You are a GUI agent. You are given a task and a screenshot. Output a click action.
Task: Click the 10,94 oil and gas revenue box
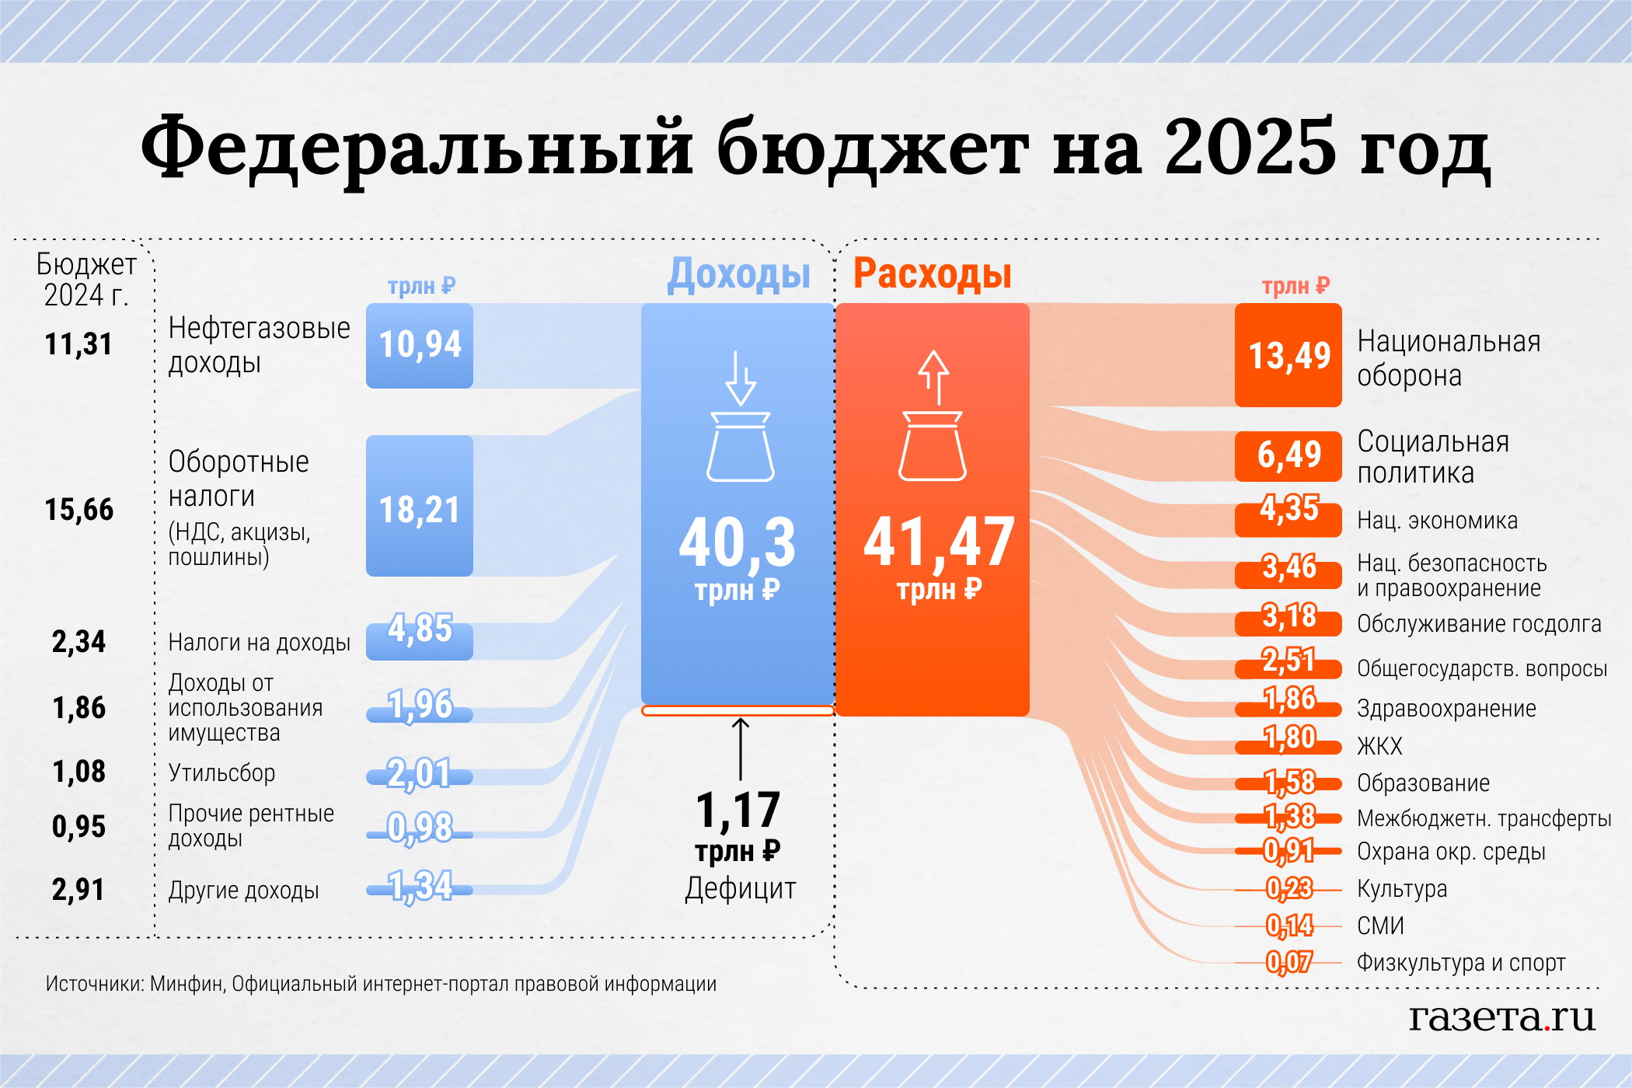[420, 345]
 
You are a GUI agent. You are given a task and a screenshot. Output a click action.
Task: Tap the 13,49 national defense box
[1289, 355]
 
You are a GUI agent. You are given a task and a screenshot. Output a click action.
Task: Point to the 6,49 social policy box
[1289, 455]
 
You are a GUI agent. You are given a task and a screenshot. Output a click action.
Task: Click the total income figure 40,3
[737, 542]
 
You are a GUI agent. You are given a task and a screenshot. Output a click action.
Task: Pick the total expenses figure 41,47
[939, 542]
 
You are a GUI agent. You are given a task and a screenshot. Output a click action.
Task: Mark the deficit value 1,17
[738, 811]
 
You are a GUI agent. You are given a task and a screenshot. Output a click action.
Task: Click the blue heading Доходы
[738, 274]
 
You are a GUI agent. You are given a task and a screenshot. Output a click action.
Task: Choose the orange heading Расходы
[933, 274]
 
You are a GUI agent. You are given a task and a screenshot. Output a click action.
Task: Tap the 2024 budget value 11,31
[78, 344]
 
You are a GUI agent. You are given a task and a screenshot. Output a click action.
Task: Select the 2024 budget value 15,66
[79, 510]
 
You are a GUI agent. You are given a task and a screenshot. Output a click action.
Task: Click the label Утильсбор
[221, 773]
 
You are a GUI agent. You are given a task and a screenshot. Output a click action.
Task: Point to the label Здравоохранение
[1446, 709]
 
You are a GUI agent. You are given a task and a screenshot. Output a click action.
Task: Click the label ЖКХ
[1379, 747]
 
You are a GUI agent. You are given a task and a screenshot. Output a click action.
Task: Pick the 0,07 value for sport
[1289, 963]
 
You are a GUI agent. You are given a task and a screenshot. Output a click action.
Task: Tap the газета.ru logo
[1501, 1017]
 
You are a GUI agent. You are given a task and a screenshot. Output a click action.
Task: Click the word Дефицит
[740, 888]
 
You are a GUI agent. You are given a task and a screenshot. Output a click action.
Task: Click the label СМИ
[1380, 926]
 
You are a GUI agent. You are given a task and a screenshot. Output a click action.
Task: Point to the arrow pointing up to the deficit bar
[741, 748]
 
